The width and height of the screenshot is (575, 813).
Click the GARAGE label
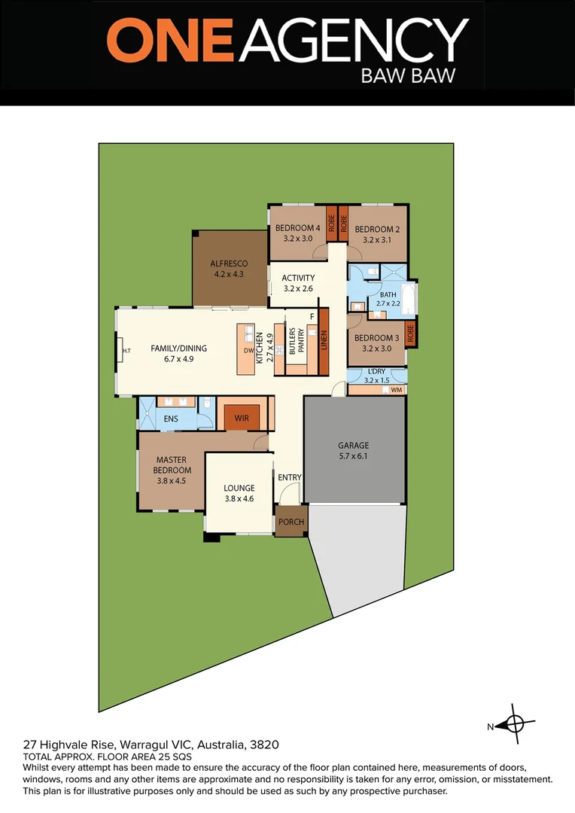coord(353,446)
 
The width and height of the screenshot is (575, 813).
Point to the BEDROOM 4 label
coord(297,229)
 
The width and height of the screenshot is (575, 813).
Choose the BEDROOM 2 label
coord(377,230)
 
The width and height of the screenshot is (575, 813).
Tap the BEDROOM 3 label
coord(377,338)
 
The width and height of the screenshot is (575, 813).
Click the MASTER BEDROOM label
coord(171,464)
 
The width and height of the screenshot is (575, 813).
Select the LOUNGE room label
coord(239,488)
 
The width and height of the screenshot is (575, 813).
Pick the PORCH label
coord(291,522)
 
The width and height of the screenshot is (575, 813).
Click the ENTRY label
coord(290,477)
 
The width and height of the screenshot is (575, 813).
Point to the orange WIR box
coord(242,417)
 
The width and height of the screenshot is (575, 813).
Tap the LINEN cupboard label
coord(324,343)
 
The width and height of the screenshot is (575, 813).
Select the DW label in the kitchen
coord(249,350)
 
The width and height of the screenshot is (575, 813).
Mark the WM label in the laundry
coord(396,390)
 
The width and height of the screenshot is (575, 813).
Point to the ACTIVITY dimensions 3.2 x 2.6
coord(298,288)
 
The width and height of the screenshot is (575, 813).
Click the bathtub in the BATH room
coord(407,300)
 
